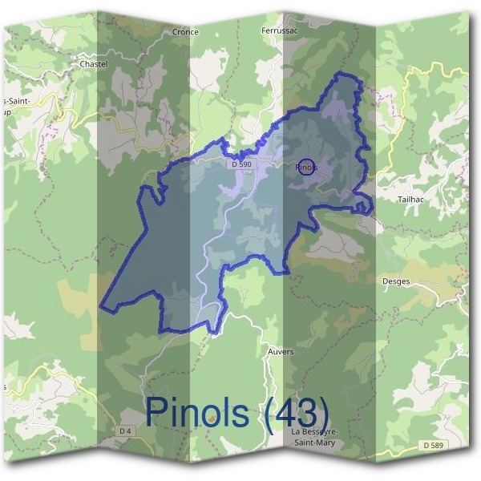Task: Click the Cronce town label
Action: (185, 33)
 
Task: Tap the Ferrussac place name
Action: (278, 31)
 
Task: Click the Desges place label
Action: (398, 281)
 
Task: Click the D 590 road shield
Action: (241, 164)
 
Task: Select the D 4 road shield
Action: (125, 430)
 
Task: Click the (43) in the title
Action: (297, 411)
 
